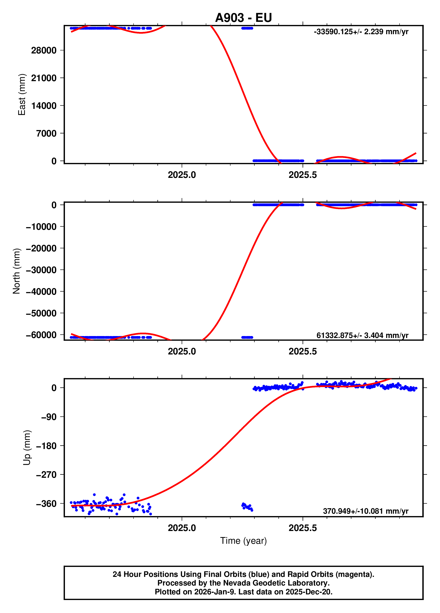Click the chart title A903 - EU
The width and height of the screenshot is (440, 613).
point(243,18)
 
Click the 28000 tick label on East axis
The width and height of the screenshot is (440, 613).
point(44,50)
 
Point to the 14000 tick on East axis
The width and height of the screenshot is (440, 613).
point(44,106)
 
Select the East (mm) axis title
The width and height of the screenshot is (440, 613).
point(22,95)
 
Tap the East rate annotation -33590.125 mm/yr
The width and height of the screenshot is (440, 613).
point(361,32)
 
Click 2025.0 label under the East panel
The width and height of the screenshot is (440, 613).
point(182,175)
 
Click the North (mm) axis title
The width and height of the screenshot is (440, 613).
point(16,271)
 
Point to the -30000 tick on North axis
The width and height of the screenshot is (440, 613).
point(41,270)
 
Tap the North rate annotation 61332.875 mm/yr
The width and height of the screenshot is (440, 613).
point(362,335)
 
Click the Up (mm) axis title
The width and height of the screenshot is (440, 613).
point(27,447)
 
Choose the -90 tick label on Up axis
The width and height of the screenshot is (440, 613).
point(49,417)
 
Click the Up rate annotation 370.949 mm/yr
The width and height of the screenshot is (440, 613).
point(365,511)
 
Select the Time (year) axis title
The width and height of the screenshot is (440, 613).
point(243,541)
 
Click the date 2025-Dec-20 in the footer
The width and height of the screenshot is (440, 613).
point(309,592)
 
